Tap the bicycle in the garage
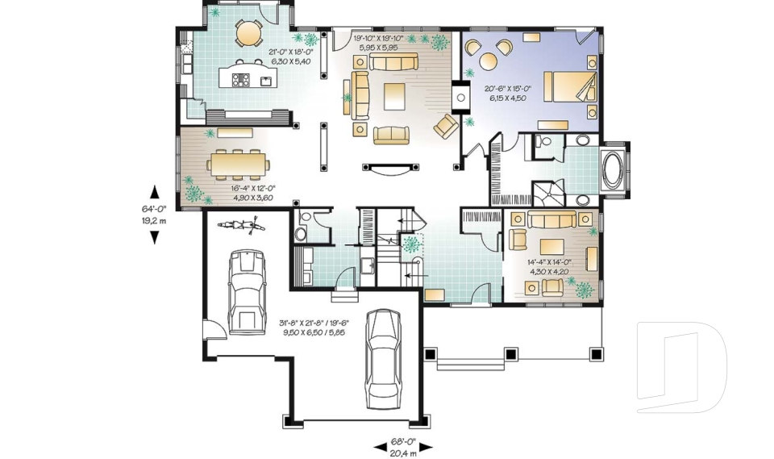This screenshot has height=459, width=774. tap(241, 226)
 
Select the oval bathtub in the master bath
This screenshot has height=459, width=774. tap(612, 170)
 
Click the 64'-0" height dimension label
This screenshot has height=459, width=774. tap(155, 208)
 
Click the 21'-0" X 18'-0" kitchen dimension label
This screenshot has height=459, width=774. tap(291, 52)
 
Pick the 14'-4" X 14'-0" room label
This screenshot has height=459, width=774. tap(549, 263)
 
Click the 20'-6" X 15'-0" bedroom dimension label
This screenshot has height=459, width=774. tap(507, 89)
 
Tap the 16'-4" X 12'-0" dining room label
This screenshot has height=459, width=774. tap(252, 188)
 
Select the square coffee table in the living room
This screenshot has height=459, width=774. tap(394, 96)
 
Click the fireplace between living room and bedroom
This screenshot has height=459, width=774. tap(461, 97)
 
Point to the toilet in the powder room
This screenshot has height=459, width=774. tap(300, 233)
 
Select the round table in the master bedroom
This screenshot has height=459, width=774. tap(489, 61)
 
